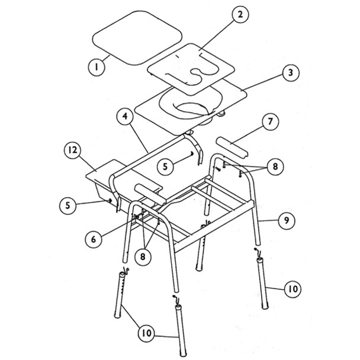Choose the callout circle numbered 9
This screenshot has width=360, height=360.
pyautogui.click(x=285, y=220)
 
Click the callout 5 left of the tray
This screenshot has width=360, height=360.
pyautogui.click(x=68, y=205)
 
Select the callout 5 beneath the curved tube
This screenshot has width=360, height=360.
pyautogui.click(x=167, y=167)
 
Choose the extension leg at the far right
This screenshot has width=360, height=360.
pyautogui.click(x=265, y=283)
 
